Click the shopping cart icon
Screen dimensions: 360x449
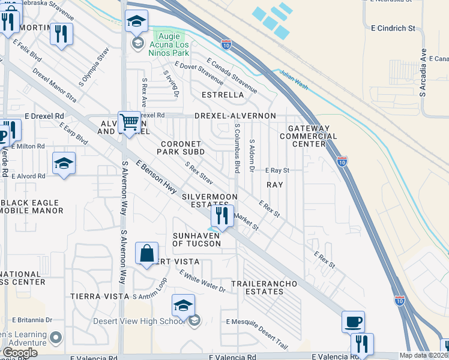click(130, 122)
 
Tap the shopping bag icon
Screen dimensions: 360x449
click(147, 253)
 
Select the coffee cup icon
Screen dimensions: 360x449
click(353, 322)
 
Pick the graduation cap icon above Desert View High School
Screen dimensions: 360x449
click(184, 306)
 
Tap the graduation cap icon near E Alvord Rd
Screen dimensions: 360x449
click(64, 163)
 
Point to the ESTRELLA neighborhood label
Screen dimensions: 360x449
click(223, 95)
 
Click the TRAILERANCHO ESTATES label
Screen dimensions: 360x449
click(257, 287)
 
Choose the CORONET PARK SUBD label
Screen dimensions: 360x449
click(182, 148)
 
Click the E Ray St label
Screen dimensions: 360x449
click(277, 170)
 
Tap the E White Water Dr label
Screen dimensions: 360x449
click(202, 280)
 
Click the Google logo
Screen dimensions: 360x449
click(20, 353)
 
